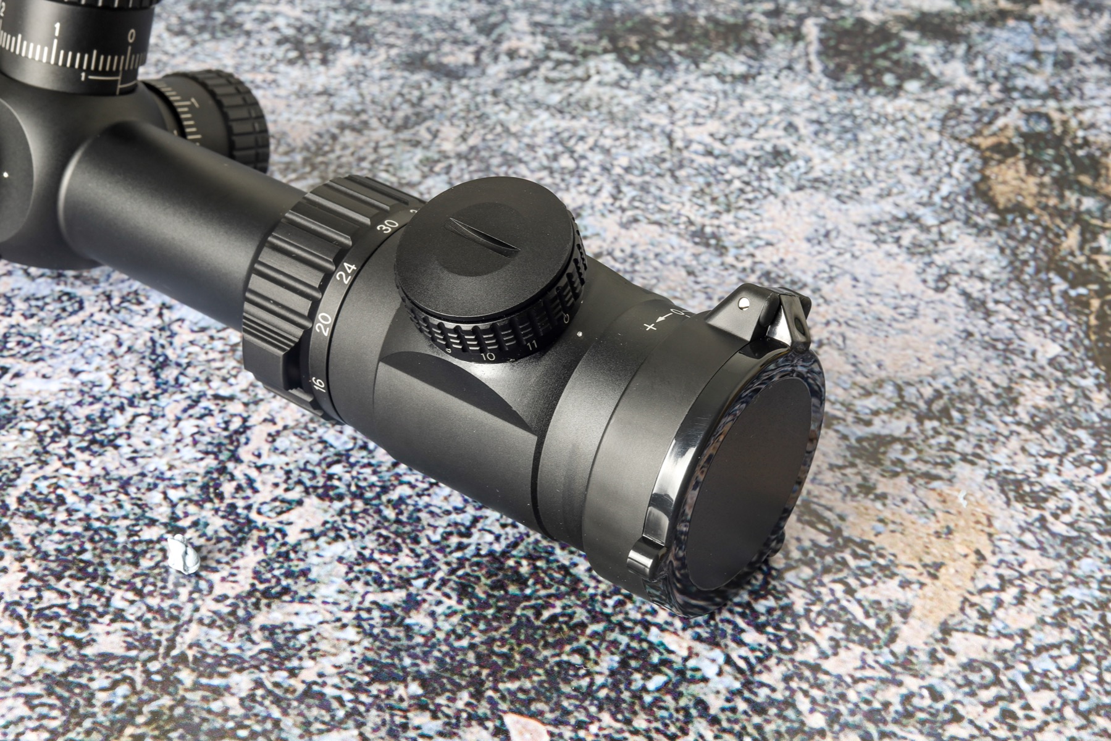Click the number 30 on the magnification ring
click(388, 227)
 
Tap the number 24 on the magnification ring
click(348, 272)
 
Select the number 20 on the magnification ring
click(324, 323)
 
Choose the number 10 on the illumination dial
click(488, 356)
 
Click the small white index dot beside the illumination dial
click(579, 334)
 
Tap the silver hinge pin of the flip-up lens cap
click(744, 303)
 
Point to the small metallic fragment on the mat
click(183, 553)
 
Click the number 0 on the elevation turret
click(131, 35)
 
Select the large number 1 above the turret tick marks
click(57, 29)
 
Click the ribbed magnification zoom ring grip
click(290, 278)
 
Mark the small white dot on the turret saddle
click(6, 175)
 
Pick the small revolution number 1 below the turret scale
click(83, 77)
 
